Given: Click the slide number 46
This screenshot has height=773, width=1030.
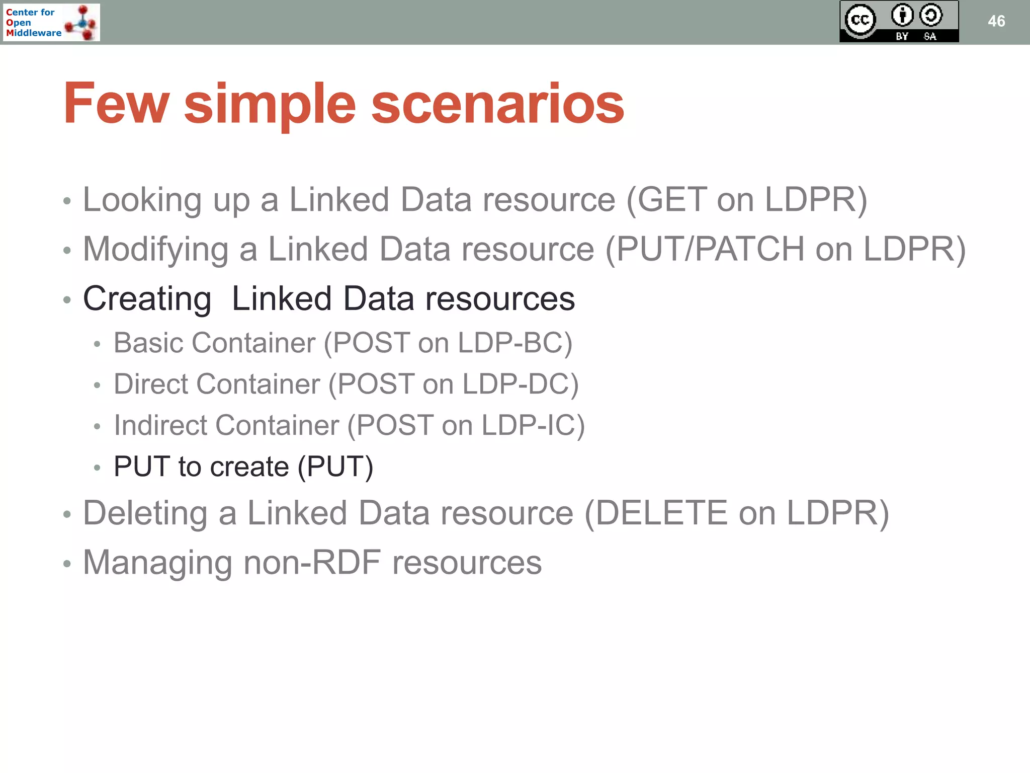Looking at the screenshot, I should [x=996, y=21].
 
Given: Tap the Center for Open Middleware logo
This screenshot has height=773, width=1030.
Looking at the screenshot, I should [x=51, y=23].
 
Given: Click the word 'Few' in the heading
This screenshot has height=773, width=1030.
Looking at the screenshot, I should [x=116, y=104].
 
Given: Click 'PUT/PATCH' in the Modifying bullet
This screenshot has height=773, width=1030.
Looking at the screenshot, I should [x=710, y=249].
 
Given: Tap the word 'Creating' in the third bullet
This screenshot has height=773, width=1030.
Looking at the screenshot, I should [x=147, y=299].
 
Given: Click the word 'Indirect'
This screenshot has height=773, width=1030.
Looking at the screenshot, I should [x=159, y=426].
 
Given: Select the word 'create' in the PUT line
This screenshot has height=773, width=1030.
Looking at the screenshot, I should [x=249, y=467].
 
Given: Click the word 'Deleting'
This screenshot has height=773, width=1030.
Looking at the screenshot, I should [x=145, y=513].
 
